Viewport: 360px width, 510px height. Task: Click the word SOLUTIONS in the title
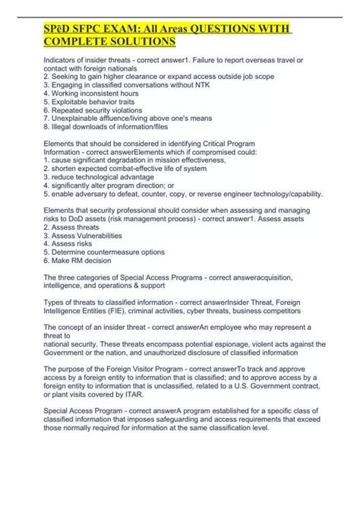pos(136,41)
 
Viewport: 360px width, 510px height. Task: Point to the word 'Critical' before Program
pos(229,143)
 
